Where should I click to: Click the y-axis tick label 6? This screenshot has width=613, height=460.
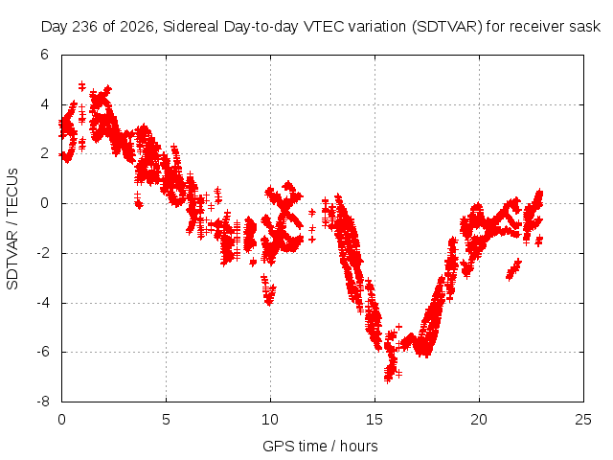click(x=44, y=55)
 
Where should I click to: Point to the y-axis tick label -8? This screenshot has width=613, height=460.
click(x=42, y=402)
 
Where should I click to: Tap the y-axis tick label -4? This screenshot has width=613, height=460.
click(x=42, y=303)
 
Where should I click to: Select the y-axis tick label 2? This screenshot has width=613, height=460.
click(x=44, y=153)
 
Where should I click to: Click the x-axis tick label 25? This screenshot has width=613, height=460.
click(x=583, y=420)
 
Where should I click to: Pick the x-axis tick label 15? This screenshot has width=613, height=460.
click(x=375, y=420)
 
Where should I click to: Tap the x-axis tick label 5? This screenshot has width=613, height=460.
click(x=166, y=420)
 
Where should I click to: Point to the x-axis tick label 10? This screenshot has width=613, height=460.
click(x=270, y=420)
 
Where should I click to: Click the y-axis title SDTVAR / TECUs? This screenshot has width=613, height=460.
click(x=12, y=229)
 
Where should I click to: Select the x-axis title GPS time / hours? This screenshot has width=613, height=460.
click(x=320, y=446)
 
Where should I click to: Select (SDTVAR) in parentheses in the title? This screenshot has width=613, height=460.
click(x=447, y=27)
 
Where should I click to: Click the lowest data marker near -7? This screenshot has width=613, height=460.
click(x=387, y=379)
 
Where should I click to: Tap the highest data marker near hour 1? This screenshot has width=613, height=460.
click(x=81, y=84)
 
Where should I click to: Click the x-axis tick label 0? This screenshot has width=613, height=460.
click(x=61, y=420)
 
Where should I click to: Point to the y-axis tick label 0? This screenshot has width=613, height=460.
click(x=44, y=203)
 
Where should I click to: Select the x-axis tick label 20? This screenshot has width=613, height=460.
click(x=479, y=420)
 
